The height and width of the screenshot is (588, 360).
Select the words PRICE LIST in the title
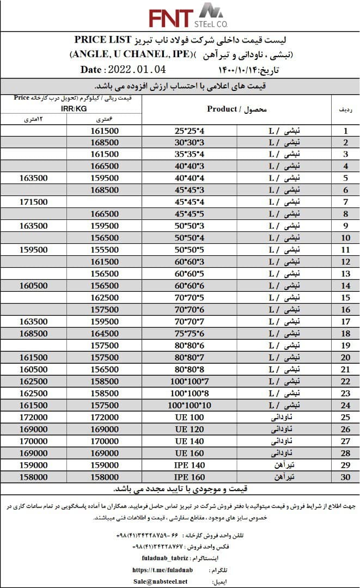tap(104, 40)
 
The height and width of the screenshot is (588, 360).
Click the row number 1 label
tap(345, 131)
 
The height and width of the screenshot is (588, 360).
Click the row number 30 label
tap(345, 476)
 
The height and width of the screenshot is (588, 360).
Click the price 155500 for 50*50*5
tap(103, 250)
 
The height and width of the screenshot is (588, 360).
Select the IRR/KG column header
tap(71, 109)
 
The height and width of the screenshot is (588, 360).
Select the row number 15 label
tap(345, 298)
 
